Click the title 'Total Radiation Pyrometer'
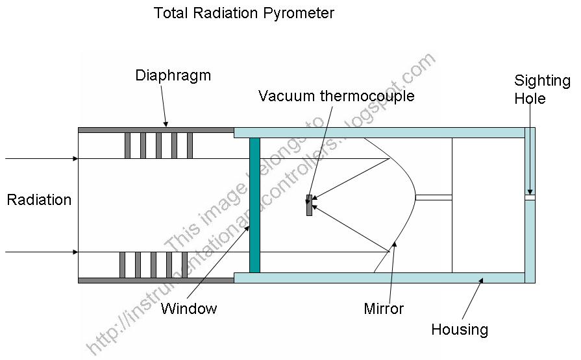pyautogui.click(x=243, y=13)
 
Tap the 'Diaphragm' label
pyautogui.click(x=173, y=75)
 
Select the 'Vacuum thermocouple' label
pyautogui.click(x=336, y=97)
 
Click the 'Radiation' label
pyautogui.click(x=39, y=200)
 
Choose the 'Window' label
pyautogui.click(x=189, y=308)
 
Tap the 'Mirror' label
pyautogui.click(x=384, y=308)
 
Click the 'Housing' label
pyautogui.click(x=460, y=330)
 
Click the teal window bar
pyautogui.click(x=254, y=204)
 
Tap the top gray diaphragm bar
pyautogui.click(x=156, y=130)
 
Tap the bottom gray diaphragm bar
pyautogui.click(x=156, y=280)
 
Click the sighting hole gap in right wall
pyautogui.click(x=530, y=197)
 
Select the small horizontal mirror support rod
pyautogui.click(x=433, y=197)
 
